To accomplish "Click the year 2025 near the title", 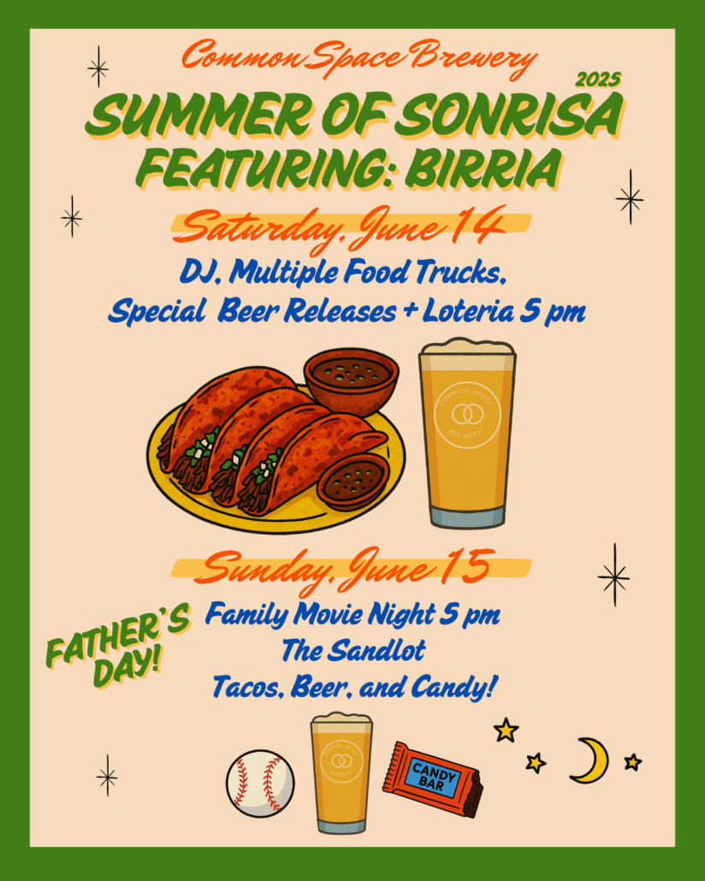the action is (598, 80).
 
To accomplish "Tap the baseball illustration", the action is (260, 783).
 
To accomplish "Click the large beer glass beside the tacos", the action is (468, 433).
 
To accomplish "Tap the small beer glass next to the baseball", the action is (341, 773).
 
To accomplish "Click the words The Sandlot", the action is (353, 651).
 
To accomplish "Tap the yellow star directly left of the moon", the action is (536, 763).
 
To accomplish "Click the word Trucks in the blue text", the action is (461, 272).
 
